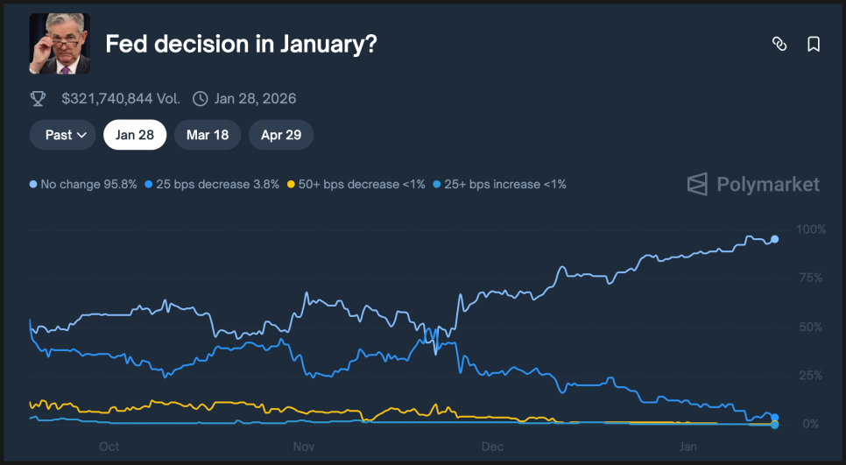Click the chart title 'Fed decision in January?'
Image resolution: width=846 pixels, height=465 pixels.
tap(241, 44)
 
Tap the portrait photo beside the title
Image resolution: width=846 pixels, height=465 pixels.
tap(60, 44)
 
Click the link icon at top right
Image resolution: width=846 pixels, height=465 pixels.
tap(779, 44)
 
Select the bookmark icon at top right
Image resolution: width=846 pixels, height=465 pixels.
tap(814, 44)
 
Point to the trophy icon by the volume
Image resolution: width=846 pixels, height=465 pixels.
tap(38, 99)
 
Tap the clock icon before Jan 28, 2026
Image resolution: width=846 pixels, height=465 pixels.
tap(201, 99)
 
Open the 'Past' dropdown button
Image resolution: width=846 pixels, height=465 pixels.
tap(63, 135)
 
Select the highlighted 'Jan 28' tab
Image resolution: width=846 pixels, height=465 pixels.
tap(135, 135)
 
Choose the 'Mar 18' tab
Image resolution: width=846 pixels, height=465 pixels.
tap(207, 135)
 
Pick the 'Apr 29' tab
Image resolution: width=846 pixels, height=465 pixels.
tap(281, 135)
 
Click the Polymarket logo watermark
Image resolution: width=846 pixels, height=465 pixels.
tap(753, 184)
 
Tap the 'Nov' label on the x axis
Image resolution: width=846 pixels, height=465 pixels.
tap(303, 447)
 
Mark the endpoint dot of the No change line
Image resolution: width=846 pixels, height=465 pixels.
tap(774, 239)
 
